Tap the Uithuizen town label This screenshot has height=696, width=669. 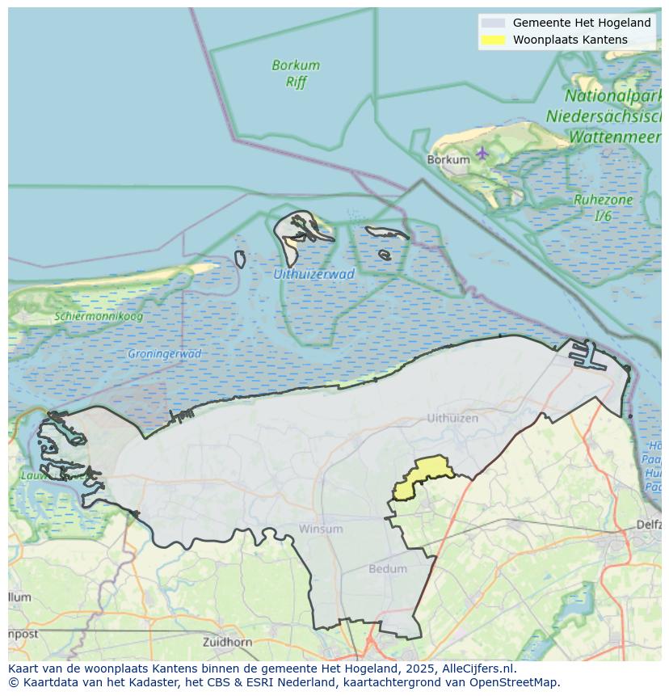tap(452, 418)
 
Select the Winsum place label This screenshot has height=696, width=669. tap(321, 529)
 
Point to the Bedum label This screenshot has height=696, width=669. tap(388, 568)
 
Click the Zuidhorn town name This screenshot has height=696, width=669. tap(229, 643)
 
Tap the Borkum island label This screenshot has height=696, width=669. tap(448, 160)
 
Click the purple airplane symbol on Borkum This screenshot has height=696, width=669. tap(482, 152)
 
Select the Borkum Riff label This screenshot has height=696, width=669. tap(296, 73)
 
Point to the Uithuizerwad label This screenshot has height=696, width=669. tap(313, 274)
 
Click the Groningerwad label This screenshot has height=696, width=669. tap(164, 354)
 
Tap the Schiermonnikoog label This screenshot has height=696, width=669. tap(99, 316)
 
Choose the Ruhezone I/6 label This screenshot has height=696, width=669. tap(603, 208)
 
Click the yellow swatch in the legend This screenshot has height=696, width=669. tap(493, 40)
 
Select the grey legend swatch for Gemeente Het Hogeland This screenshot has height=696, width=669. tap(493, 23)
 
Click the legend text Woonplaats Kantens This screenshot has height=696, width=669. tap(570, 40)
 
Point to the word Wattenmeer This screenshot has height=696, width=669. tap(615, 137)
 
